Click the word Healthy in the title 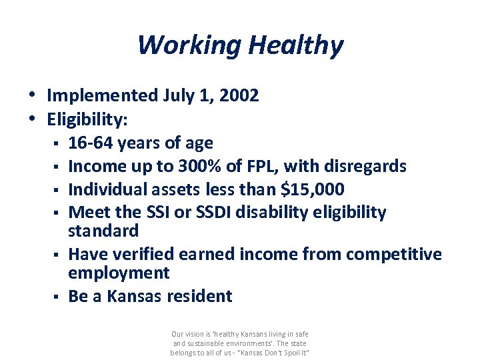295,45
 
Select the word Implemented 102,96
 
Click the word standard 103,231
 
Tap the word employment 119,273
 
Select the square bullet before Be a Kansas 59,297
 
